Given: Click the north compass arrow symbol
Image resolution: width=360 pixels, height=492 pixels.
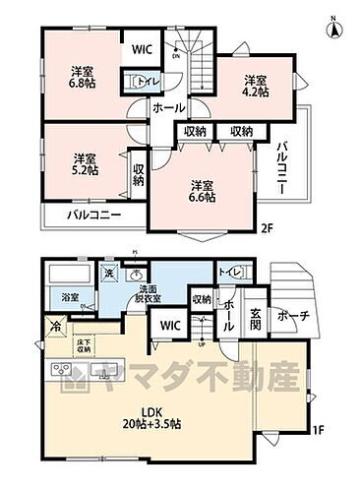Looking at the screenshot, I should [x=335, y=28].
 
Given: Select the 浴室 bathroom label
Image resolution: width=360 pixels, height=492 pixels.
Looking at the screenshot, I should [x=70, y=297].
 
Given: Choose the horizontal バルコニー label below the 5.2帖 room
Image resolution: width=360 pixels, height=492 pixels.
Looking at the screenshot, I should [x=93, y=215].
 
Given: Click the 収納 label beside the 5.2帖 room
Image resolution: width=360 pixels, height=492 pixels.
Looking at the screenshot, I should [x=138, y=174].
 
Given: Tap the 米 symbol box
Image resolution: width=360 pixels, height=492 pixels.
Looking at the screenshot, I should [x=109, y=273].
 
